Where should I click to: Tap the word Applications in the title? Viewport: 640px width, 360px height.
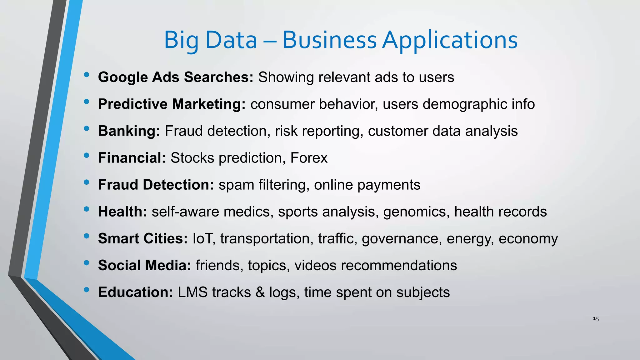pos(450,41)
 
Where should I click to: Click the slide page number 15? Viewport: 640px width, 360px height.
pos(596,319)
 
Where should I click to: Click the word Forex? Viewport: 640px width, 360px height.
pos(309,158)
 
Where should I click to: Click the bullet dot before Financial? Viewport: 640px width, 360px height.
pos(87,155)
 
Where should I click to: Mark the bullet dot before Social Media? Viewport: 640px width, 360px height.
pos(87,263)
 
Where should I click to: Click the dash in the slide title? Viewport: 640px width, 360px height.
pos(270,41)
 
